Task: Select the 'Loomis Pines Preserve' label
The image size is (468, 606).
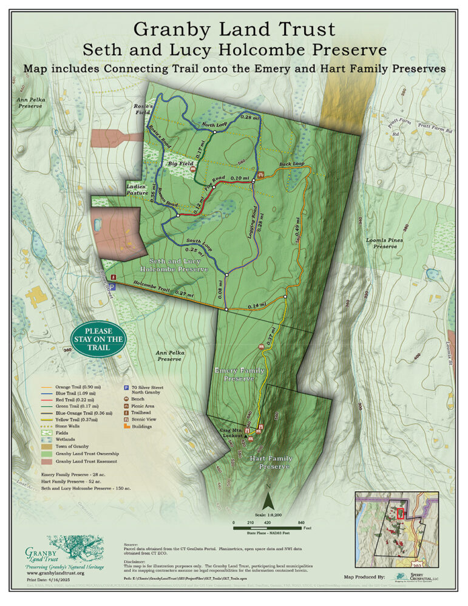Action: (385, 243)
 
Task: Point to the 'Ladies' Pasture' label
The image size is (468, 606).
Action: (137, 189)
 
